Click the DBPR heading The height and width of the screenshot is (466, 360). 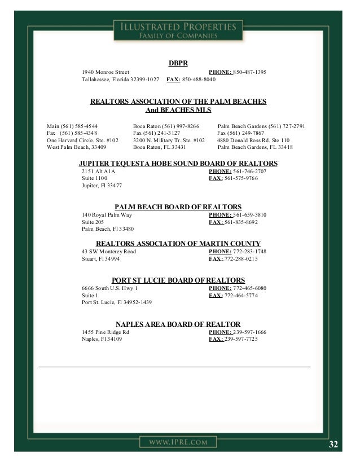point(178,63)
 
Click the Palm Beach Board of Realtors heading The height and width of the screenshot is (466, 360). point(178,207)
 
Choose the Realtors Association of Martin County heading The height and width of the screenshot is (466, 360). point(178,244)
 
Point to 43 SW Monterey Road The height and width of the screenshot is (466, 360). point(109,252)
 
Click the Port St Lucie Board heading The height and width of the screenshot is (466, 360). point(178,280)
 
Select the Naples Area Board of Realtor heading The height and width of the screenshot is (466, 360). point(178,324)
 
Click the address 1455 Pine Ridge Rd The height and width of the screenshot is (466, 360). point(106,332)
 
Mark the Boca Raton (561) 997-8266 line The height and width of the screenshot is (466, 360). point(166,126)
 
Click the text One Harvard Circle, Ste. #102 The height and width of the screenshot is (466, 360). point(82,140)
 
